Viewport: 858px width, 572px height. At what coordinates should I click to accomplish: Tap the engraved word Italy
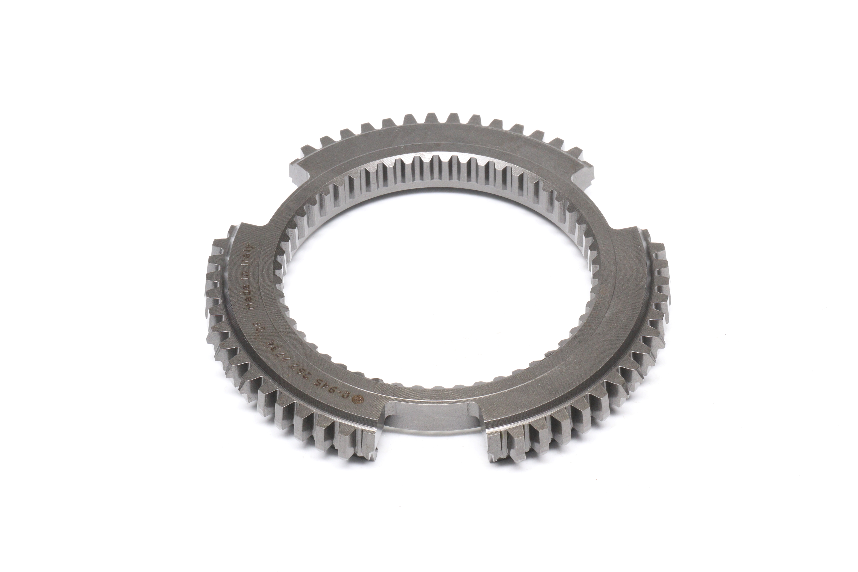click(x=252, y=252)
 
